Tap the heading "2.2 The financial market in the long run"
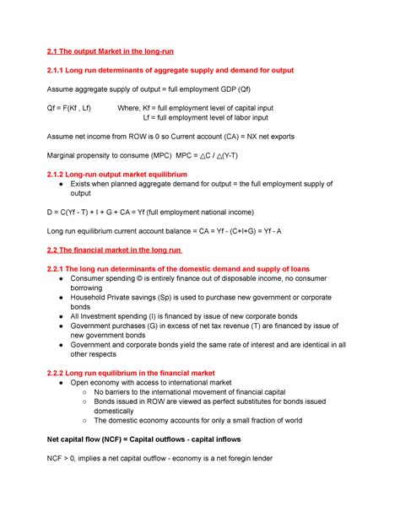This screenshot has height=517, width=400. [119, 251]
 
